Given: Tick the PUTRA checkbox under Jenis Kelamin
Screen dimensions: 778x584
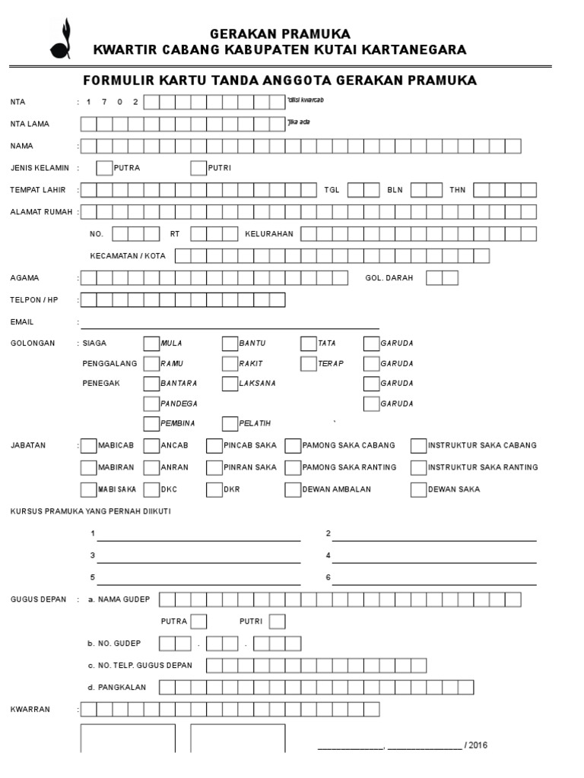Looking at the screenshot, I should tap(104, 168).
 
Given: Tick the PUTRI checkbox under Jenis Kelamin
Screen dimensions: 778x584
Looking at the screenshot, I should tap(198, 168).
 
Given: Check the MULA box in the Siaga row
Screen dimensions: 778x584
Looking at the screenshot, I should tap(151, 343).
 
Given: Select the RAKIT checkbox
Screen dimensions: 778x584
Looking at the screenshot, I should tap(230, 364).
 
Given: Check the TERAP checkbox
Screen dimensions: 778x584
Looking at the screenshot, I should tap(308, 364).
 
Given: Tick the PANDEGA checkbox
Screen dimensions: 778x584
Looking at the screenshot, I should tap(151, 403).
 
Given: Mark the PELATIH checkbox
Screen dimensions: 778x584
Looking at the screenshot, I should tap(230, 423).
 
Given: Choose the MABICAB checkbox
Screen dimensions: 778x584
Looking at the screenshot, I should tap(89, 446).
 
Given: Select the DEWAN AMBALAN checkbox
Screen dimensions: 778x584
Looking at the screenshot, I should tap(293, 490).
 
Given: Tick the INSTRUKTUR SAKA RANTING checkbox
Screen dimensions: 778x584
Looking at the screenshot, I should tap(418, 468).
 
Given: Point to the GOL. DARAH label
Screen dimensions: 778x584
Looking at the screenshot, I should tap(389, 278).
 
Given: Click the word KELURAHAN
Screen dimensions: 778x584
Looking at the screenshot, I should tap(268, 234).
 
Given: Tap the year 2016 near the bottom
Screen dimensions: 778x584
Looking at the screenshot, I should tap(478, 745).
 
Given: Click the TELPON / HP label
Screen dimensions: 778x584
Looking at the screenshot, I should tap(34, 300).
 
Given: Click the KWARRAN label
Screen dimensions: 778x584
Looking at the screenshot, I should tap(30, 710).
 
